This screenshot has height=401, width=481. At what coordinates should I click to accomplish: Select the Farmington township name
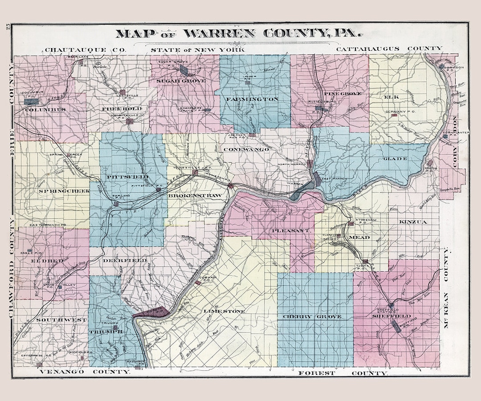coord(252,99)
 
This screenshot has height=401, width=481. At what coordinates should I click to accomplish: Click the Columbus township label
coord(45,109)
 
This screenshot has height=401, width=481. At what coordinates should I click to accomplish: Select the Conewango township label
coord(246,149)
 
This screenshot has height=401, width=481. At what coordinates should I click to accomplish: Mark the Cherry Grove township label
coord(313,317)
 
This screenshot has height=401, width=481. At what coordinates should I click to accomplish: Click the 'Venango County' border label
coord(84,371)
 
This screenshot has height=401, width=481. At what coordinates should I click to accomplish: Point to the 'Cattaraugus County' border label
coord(389,49)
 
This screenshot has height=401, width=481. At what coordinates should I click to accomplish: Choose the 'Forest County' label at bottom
coord(343,372)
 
